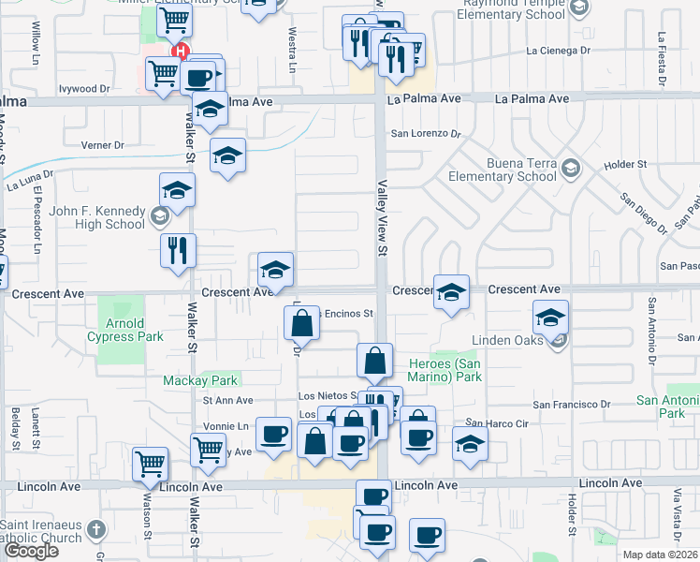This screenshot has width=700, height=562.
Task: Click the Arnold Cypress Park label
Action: (127, 330)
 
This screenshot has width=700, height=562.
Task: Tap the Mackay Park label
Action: (200, 380)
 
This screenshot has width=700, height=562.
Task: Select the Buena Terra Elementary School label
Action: (502, 170)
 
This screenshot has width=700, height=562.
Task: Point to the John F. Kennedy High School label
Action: (97, 217)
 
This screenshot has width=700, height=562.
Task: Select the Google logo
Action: (32, 551)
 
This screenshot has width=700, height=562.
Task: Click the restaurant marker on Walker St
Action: (177, 251)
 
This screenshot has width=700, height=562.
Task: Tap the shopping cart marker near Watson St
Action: (151, 463)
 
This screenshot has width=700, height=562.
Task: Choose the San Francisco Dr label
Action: (571, 405)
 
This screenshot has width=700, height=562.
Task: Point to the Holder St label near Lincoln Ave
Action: (570, 515)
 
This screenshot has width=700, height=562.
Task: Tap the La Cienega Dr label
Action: (560, 51)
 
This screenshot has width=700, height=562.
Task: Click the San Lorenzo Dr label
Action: (426, 134)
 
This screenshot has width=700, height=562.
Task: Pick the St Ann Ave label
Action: (228, 400)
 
